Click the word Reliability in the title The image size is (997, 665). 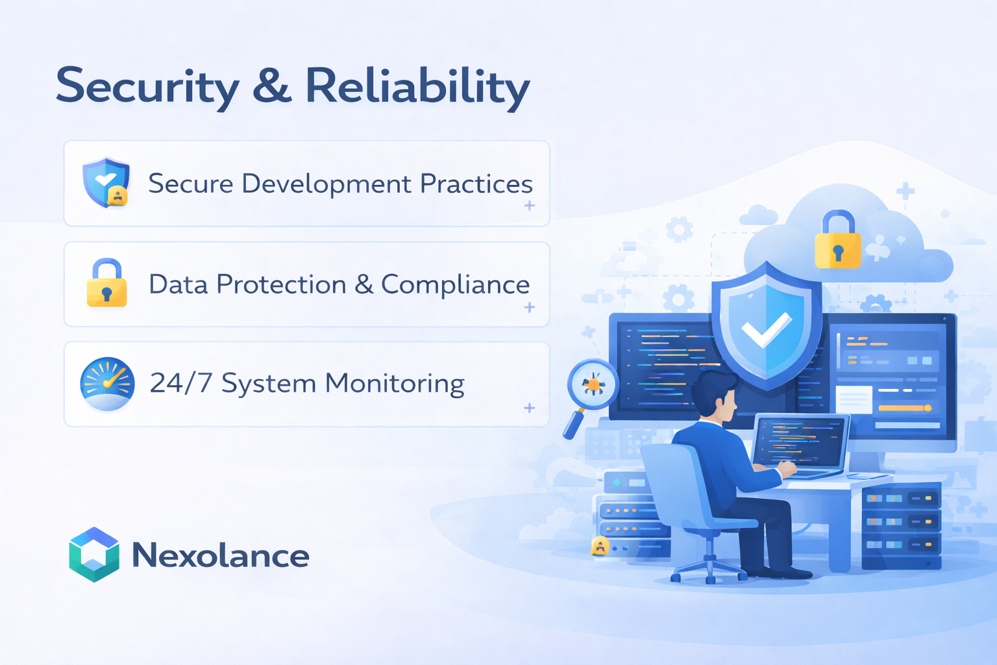pyautogui.click(x=417, y=86)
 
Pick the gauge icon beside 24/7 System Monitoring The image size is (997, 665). pyautogui.click(x=107, y=383)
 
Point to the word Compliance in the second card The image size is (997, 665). pyautogui.click(x=455, y=284)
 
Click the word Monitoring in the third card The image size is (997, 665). pyautogui.click(x=395, y=383)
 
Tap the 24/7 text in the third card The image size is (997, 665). pyautogui.click(x=180, y=383)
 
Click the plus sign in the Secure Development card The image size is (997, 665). pyautogui.click(x=530, y=205)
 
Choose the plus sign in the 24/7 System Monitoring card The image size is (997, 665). pyautogui.click(x=530, y=408)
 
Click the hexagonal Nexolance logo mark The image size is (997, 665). pyautogui.click(x=94, y=555)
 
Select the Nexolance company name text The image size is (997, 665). pyautogui.click(x=221, y=556)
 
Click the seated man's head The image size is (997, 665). pyautogui.click(x=715, y=394)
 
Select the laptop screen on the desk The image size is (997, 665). pyautogui.click(x=800, y=442)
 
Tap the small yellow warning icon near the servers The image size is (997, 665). pyautogui.click(x=600, y=546)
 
